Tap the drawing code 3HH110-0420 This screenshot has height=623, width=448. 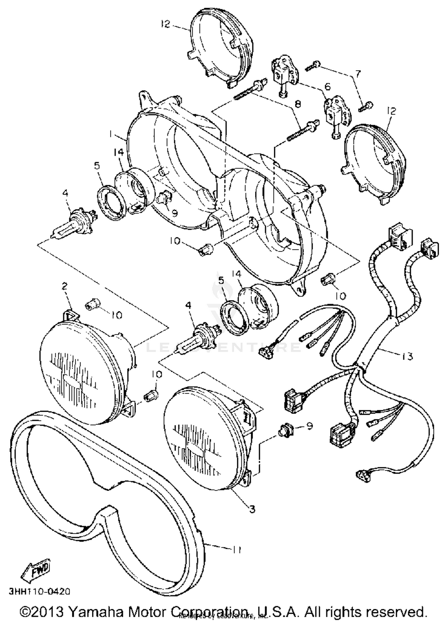[x=39, y=591]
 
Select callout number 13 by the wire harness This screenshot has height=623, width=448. [x=407, y=356]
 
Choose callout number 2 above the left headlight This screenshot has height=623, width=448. [x=65, y=286]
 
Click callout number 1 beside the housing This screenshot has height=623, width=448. [x=111, y=135]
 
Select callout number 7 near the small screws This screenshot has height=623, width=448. [x=358, y=74]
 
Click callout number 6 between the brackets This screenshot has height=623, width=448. [x=328, y=87]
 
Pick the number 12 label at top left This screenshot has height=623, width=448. [x=165, y=24]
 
